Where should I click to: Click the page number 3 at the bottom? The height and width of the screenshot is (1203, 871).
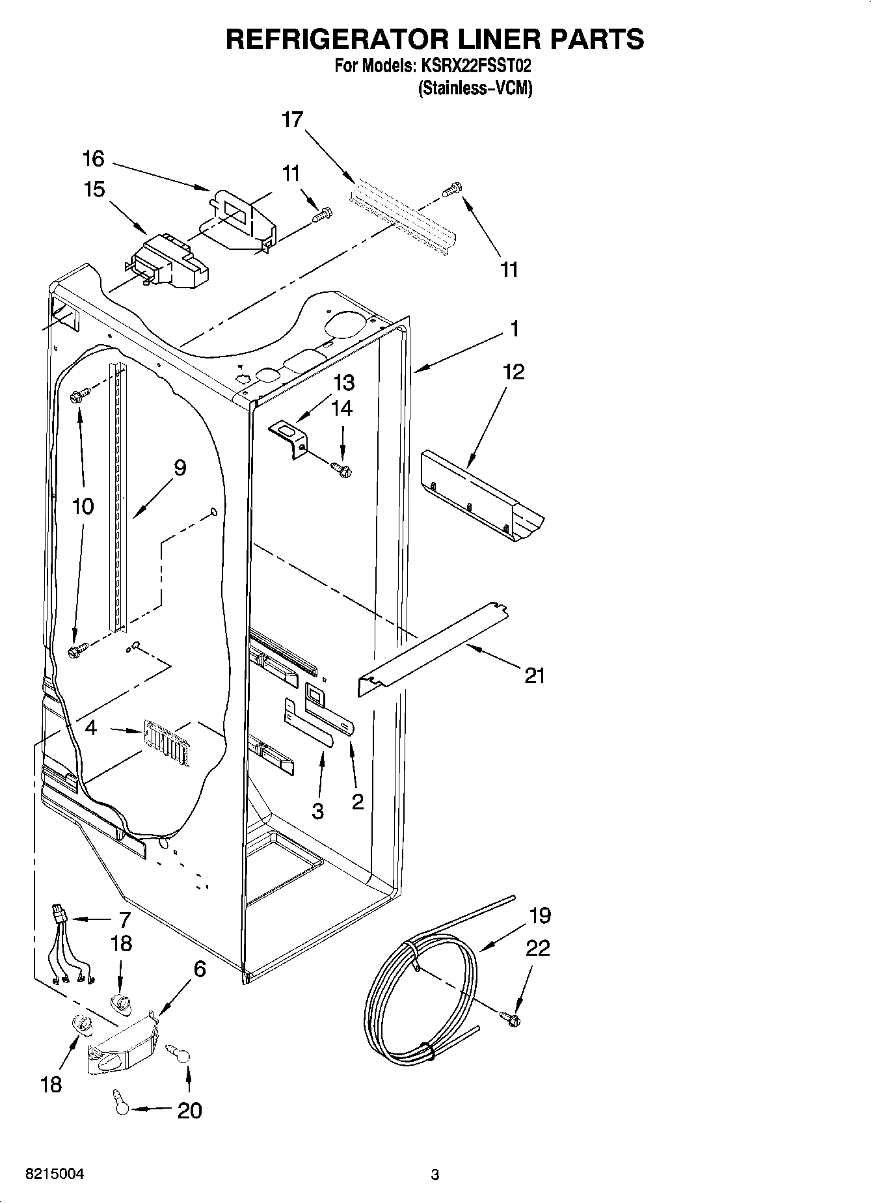click(x=435, y=1174)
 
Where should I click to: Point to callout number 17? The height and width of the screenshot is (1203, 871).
click(x=293, y=120)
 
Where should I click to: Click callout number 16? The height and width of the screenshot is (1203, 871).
click(x=93, y=158)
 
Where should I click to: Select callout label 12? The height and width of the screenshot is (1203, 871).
click(x=513, y=372)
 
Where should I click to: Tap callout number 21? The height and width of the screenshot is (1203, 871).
click(x=534, y=676)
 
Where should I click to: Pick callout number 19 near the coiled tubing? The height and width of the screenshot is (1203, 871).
click(x=540, y=915)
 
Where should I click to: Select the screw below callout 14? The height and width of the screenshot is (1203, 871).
click(x=340, y=468)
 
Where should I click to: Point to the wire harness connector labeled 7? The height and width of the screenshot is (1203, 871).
click(x=60, y=914)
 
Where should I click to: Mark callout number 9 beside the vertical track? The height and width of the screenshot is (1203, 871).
click(x=180, y=468)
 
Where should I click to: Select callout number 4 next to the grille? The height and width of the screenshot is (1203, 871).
click(x=91, y=728)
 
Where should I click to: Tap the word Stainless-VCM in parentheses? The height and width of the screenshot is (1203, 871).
click(x=475, y=88)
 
